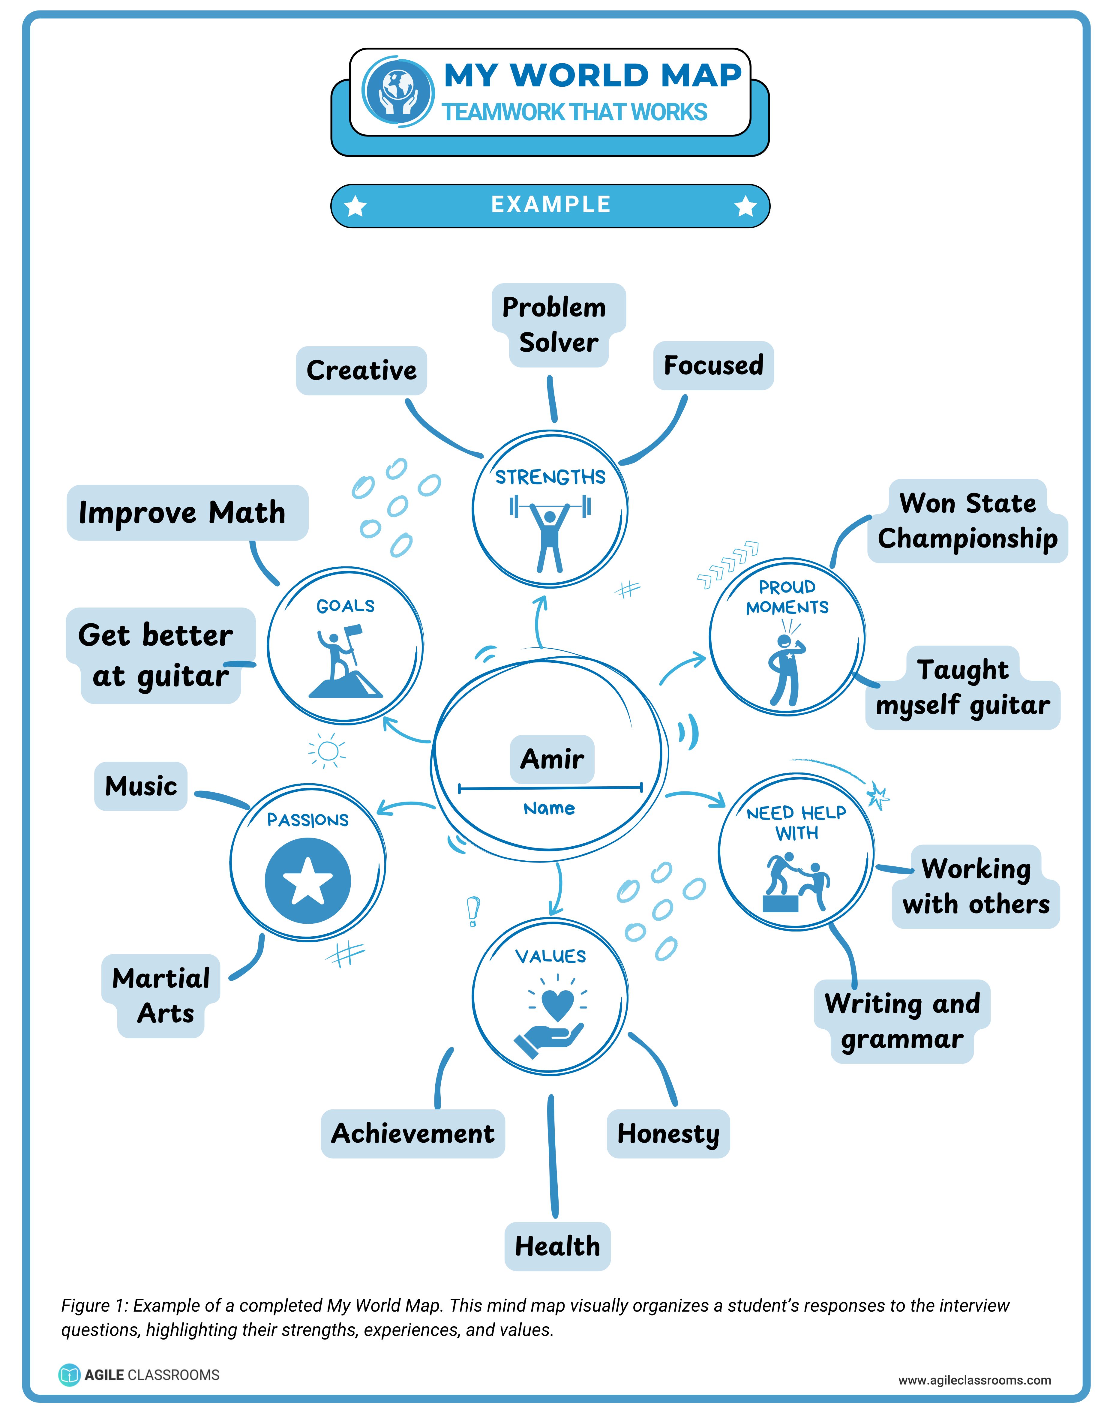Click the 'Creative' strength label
pos(361,370)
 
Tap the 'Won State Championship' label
pos(967,521)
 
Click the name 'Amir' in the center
pos(552,759)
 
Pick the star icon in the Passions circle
pos(307,881)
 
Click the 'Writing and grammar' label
pos(902,1021)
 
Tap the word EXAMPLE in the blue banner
pos(550,205)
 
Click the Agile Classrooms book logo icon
pos(69,1375)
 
